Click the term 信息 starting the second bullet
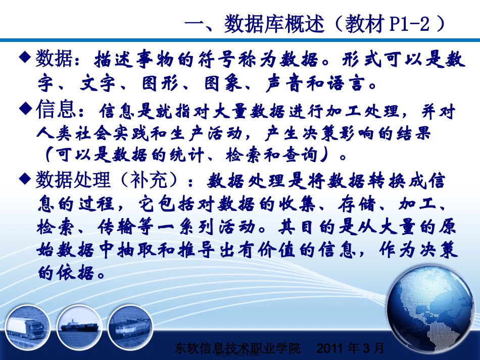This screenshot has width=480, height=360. coord(56,109)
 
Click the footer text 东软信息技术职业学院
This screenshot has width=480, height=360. coord(236,348)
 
